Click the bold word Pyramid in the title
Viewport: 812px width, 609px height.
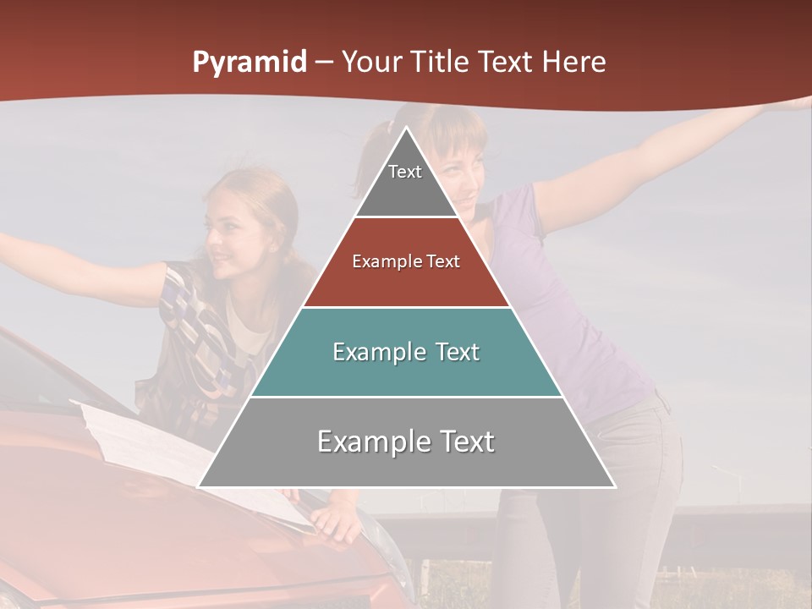click(x=250, y=63)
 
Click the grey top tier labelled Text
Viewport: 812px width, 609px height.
click(x=405, y=182)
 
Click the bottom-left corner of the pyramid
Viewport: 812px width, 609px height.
click(x=200, y=486)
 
